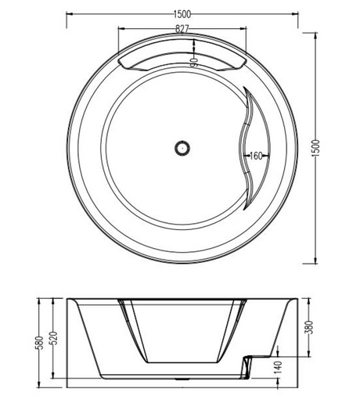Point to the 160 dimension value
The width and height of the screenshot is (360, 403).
(256, 156)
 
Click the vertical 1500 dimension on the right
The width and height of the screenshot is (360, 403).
(316, 146)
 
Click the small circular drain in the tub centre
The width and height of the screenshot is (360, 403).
(181, 146)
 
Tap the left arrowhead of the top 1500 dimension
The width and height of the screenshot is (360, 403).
(67, 14)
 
